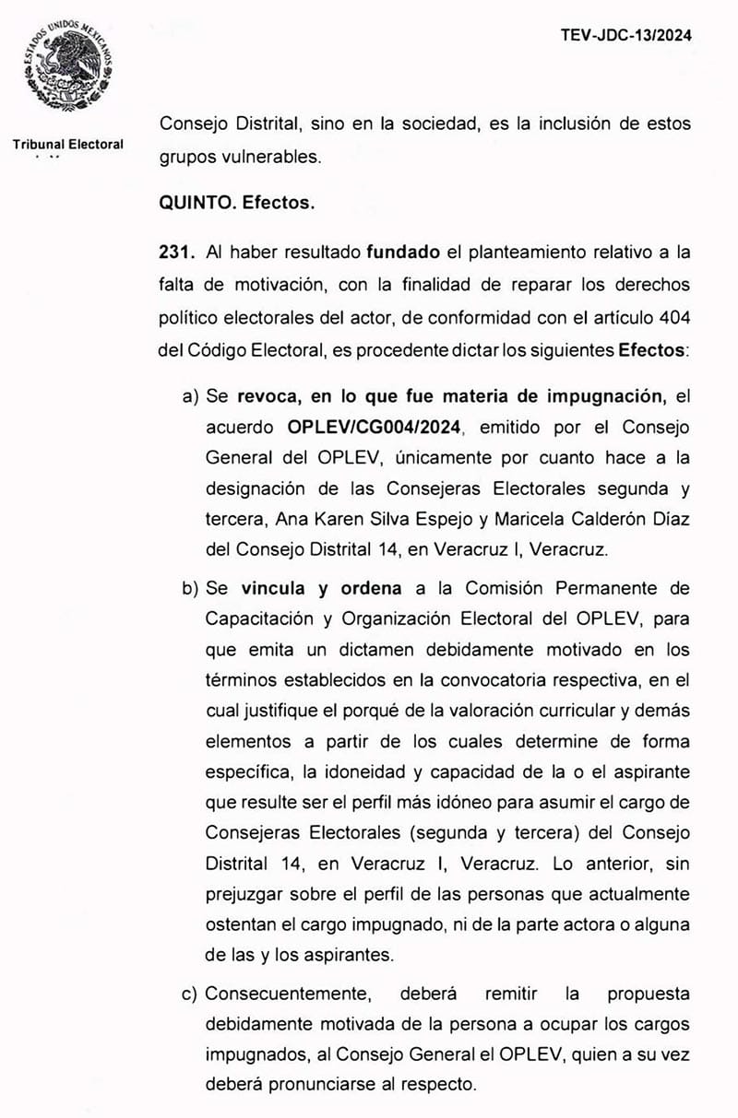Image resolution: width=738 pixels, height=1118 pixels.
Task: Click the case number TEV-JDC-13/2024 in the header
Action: [625, 36]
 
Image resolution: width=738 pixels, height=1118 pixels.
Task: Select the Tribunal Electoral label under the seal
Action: [68, 145]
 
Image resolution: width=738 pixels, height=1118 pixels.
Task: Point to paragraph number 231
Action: [176, 252]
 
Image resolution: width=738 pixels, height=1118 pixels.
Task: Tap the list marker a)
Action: [191, 396]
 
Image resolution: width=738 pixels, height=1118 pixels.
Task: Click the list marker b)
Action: [191, 588]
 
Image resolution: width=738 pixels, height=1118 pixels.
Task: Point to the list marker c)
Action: [191, 994]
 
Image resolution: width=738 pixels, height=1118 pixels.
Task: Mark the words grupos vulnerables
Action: [240, 157]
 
